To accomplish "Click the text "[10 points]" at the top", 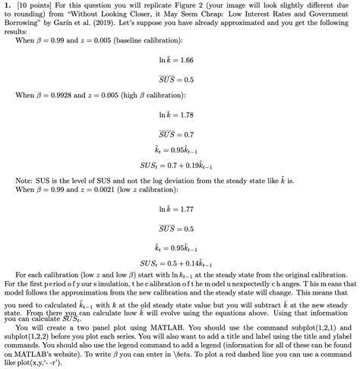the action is (32, 6).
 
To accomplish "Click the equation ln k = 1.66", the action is (180, 58).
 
